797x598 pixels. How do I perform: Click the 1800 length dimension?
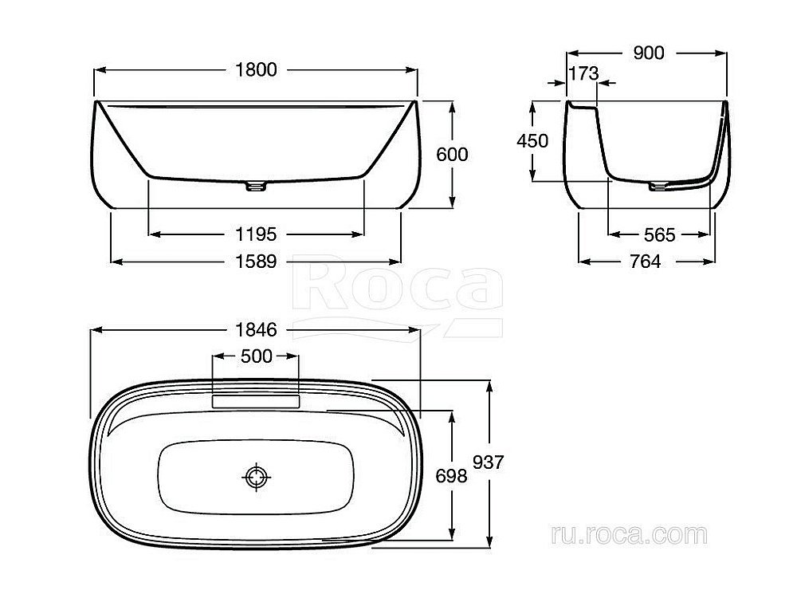256,69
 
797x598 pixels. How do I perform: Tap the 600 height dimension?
452,155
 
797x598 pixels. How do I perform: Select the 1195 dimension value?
256,234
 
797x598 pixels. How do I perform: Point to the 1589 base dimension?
256,262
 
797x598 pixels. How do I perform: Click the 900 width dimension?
649,53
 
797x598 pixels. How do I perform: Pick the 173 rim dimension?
583,73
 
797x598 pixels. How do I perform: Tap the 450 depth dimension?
532,141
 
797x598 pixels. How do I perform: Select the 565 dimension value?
659,235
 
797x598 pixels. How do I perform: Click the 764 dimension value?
645,262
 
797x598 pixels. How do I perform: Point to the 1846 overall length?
256,330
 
